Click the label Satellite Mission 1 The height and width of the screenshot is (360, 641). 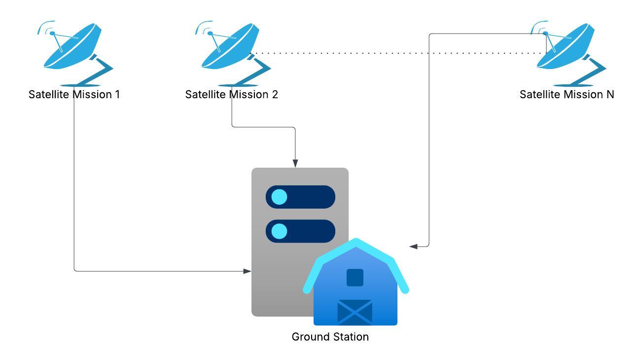74,95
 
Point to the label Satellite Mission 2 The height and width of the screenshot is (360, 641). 232,95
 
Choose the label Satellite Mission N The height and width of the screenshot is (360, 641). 567,95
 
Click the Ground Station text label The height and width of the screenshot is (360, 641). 330,337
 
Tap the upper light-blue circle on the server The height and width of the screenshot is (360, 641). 279,197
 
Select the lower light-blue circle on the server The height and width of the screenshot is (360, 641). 279,231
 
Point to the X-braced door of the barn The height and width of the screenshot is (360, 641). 355,312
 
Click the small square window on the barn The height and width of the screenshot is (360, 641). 355,278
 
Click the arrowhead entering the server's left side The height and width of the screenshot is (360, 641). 248,271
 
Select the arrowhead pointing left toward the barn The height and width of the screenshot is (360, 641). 414,246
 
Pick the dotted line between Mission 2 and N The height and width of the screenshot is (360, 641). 394,53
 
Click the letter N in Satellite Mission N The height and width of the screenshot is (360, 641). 610,95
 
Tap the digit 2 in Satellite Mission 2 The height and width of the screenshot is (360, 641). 275,95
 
